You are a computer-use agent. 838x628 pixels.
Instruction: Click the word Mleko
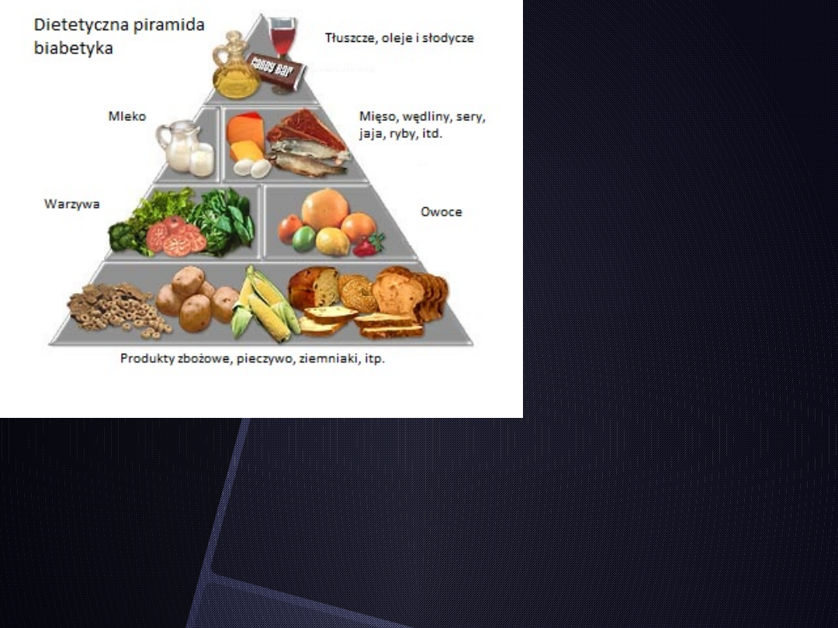click(x=126, y=116)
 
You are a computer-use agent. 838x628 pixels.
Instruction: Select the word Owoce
click(x=441, y=211)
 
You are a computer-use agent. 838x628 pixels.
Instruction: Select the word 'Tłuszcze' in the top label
click(x=348, y=37)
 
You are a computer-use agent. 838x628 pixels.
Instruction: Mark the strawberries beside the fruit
click(x=366, y=245)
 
